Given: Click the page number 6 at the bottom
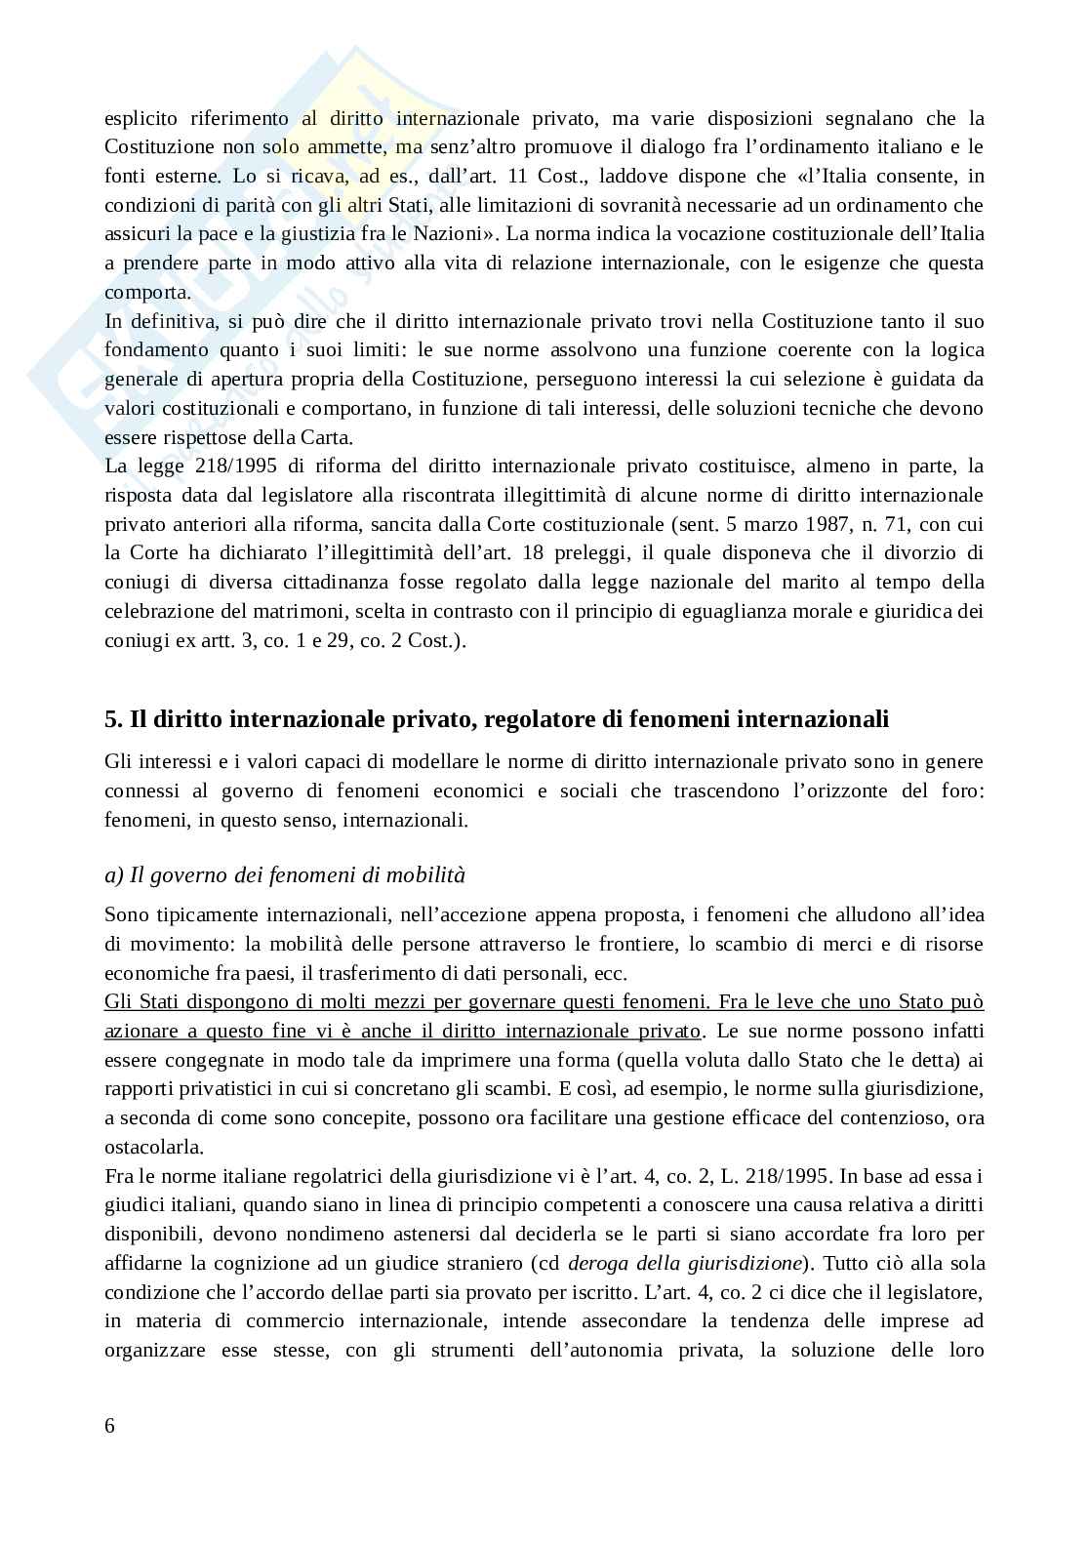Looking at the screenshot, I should coord(109,1426).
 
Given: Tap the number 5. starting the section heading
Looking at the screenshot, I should coord(113,720).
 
